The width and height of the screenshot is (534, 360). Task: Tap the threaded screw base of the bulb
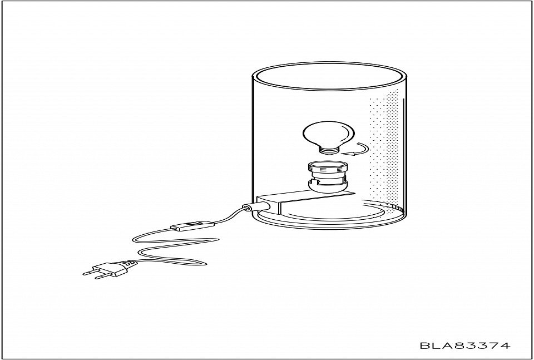pos(329,150)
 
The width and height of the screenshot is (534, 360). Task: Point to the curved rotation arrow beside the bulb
pos(357,150)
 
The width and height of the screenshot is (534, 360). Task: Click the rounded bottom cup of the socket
pos(328,186)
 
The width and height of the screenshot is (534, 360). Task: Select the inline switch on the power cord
pos(192,225)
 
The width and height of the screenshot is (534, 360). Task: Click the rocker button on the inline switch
pos(194,224)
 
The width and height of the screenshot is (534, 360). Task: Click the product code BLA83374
pos(465,346)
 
